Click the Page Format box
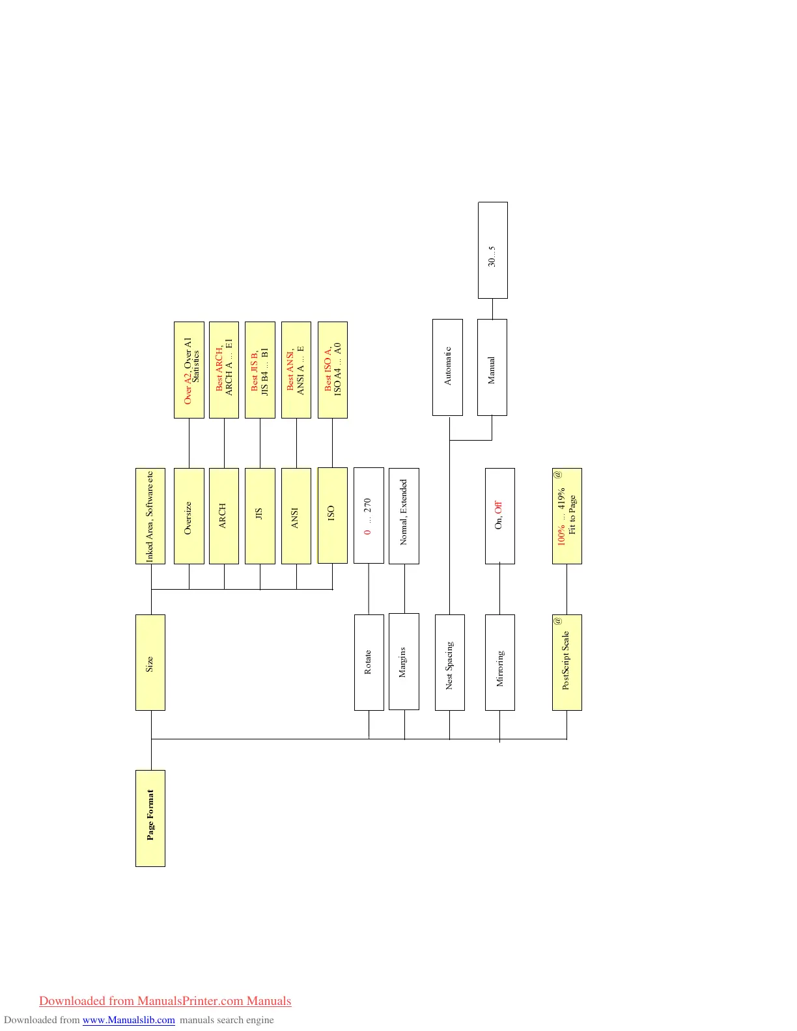(150, 818)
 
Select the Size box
(150, 662)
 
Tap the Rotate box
(369, 662)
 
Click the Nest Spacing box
(449, 662)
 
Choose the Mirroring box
(499, 662)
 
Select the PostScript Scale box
(566, 662)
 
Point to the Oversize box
(189, 515)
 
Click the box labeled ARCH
(224, 515)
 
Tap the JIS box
(260, 515)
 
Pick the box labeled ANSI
(296, 515)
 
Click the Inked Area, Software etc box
(150, 515)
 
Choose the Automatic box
(447, 367)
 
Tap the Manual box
(492, 367)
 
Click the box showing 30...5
(492, 250)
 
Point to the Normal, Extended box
(404, 515)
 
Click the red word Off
(499, 506)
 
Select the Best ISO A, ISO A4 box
(332, 370)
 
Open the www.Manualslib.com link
(128, 1020)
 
